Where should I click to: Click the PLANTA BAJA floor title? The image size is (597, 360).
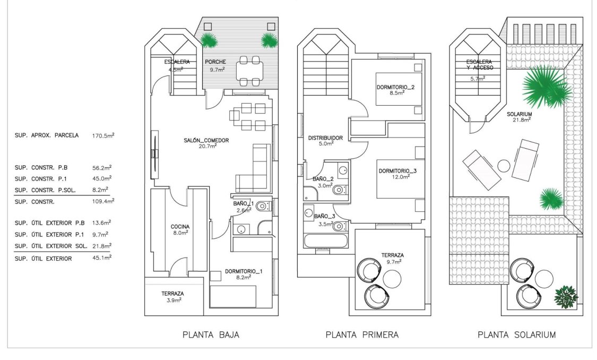(211, 335)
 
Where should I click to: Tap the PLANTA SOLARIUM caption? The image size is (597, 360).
(516, 335)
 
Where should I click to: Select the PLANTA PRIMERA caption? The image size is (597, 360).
(362, 335)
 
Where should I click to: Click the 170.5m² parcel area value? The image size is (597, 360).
(103, 135)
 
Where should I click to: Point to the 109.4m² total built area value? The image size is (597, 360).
(103, 201)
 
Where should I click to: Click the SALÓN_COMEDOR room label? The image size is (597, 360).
(206, 140)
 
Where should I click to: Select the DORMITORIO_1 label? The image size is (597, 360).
(244, 271)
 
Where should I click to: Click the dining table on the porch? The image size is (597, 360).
(249, 70)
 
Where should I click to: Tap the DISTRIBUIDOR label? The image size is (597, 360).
(325, 138)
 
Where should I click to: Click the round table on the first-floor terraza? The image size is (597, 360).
(392, 278)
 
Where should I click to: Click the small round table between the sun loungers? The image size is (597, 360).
(504, 166)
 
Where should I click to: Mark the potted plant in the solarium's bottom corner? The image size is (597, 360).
(565, 297)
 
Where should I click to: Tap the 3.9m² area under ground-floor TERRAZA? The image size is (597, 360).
(172, 300)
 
